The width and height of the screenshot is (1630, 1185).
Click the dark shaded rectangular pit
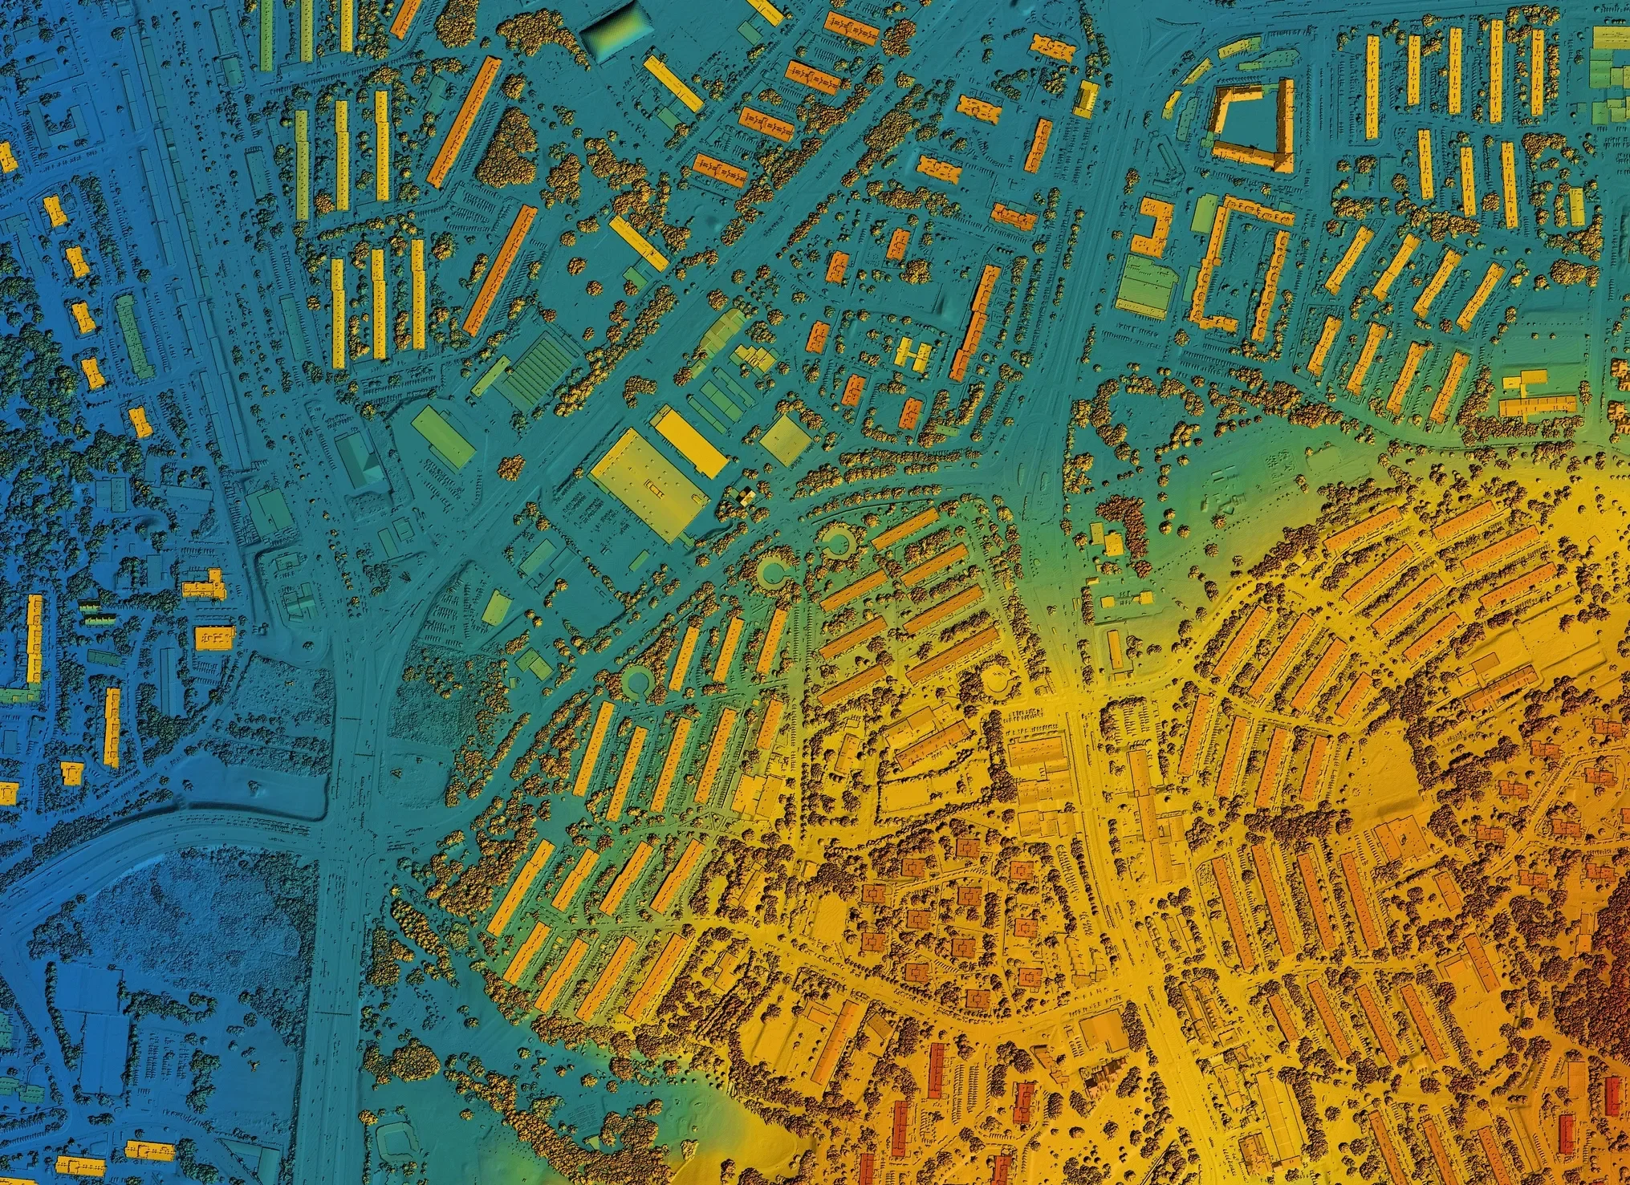[616, 32]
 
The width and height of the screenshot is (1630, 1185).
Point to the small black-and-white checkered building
[746, 497]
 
